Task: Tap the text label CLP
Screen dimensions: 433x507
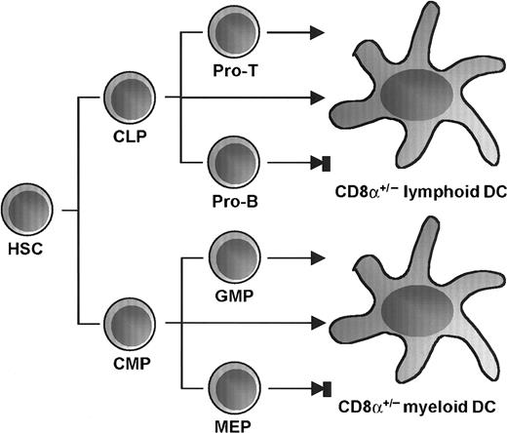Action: coord(127,138)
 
